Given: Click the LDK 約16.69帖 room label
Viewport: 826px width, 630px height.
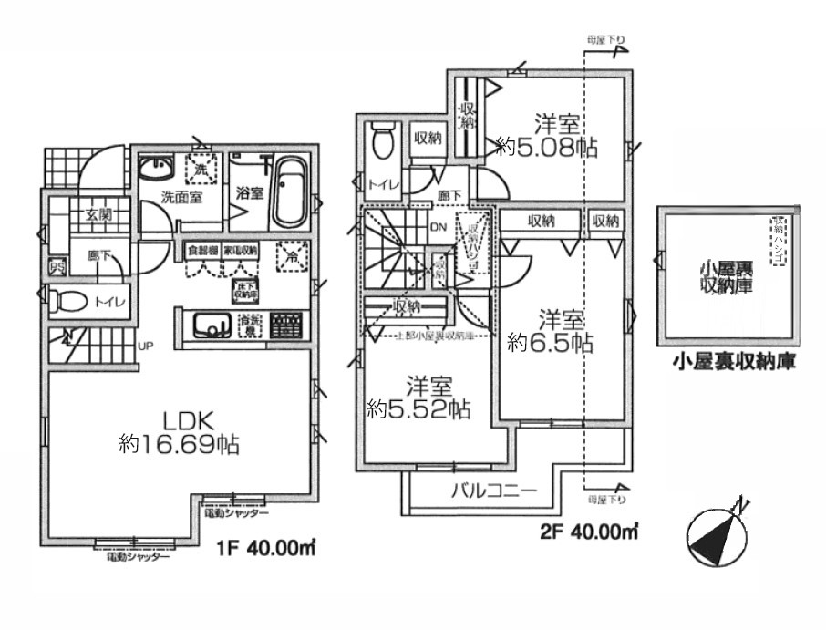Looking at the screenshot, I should pos(179,433).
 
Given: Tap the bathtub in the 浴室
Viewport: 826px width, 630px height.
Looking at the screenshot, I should pos(292,193).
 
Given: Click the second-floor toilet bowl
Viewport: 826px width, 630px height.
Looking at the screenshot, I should pos(382,142).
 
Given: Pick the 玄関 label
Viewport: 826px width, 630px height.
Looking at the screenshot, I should pos(98,215).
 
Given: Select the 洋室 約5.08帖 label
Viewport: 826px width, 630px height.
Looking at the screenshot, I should pos(546,137).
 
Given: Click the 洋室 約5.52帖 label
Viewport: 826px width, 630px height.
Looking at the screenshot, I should pos(418,398).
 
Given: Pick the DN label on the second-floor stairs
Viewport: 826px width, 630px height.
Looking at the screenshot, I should pos(438,228).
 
